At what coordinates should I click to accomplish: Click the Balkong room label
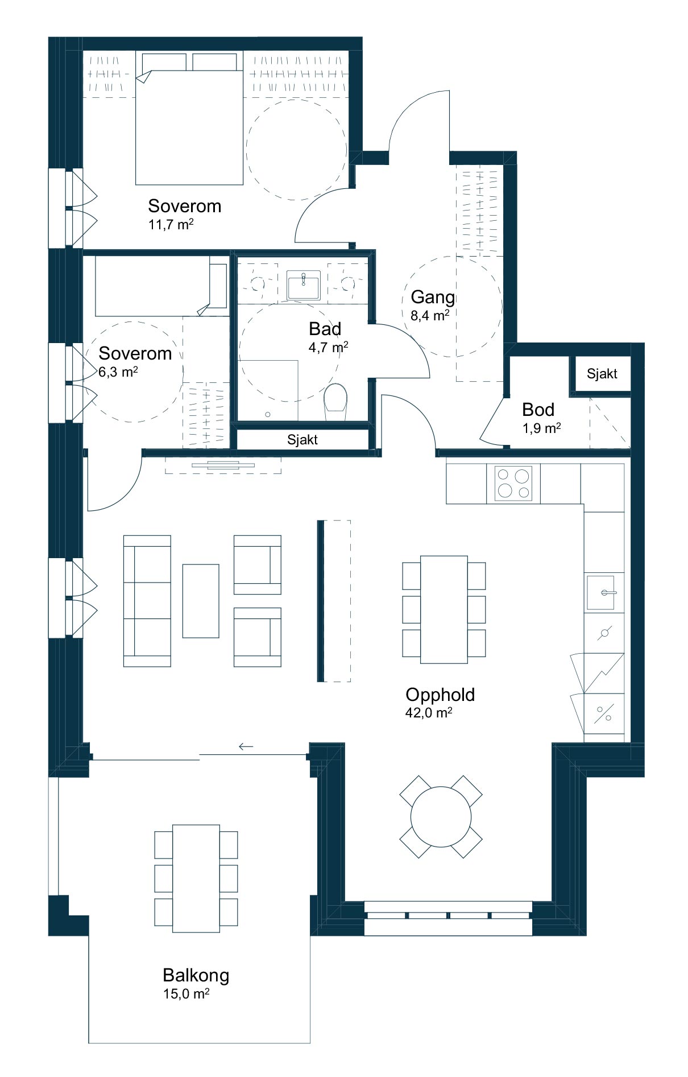click(x=196, y=975)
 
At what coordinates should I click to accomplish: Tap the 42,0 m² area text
click(x=429, y=712)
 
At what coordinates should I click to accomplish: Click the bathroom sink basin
click(x=304, y=284)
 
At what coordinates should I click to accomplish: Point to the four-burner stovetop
click(x=513, y=483)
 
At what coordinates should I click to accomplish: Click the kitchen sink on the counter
click(x=600, y=592)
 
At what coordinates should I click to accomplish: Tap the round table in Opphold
click(x=441, y=816)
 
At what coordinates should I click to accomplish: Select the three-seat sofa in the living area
click(x=147, y=600)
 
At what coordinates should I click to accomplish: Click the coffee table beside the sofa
click(x=201, y=601)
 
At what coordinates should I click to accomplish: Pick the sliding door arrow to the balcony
click(x=246, y=746)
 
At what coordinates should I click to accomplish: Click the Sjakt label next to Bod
click(x=602, y=374)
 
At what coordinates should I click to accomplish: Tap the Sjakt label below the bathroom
click(x=302, y=439)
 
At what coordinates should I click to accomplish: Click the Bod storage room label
click(x=538, y=410)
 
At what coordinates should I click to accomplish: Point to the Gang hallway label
click(x=433, y=297)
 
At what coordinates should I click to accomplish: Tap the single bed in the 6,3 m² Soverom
click(x=162, y=286)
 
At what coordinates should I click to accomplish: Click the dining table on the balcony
click(x=196, y=878)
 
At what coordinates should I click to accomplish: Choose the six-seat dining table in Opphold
click(x=444, y=609)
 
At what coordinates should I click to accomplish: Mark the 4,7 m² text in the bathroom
click(x=329, y=347)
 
